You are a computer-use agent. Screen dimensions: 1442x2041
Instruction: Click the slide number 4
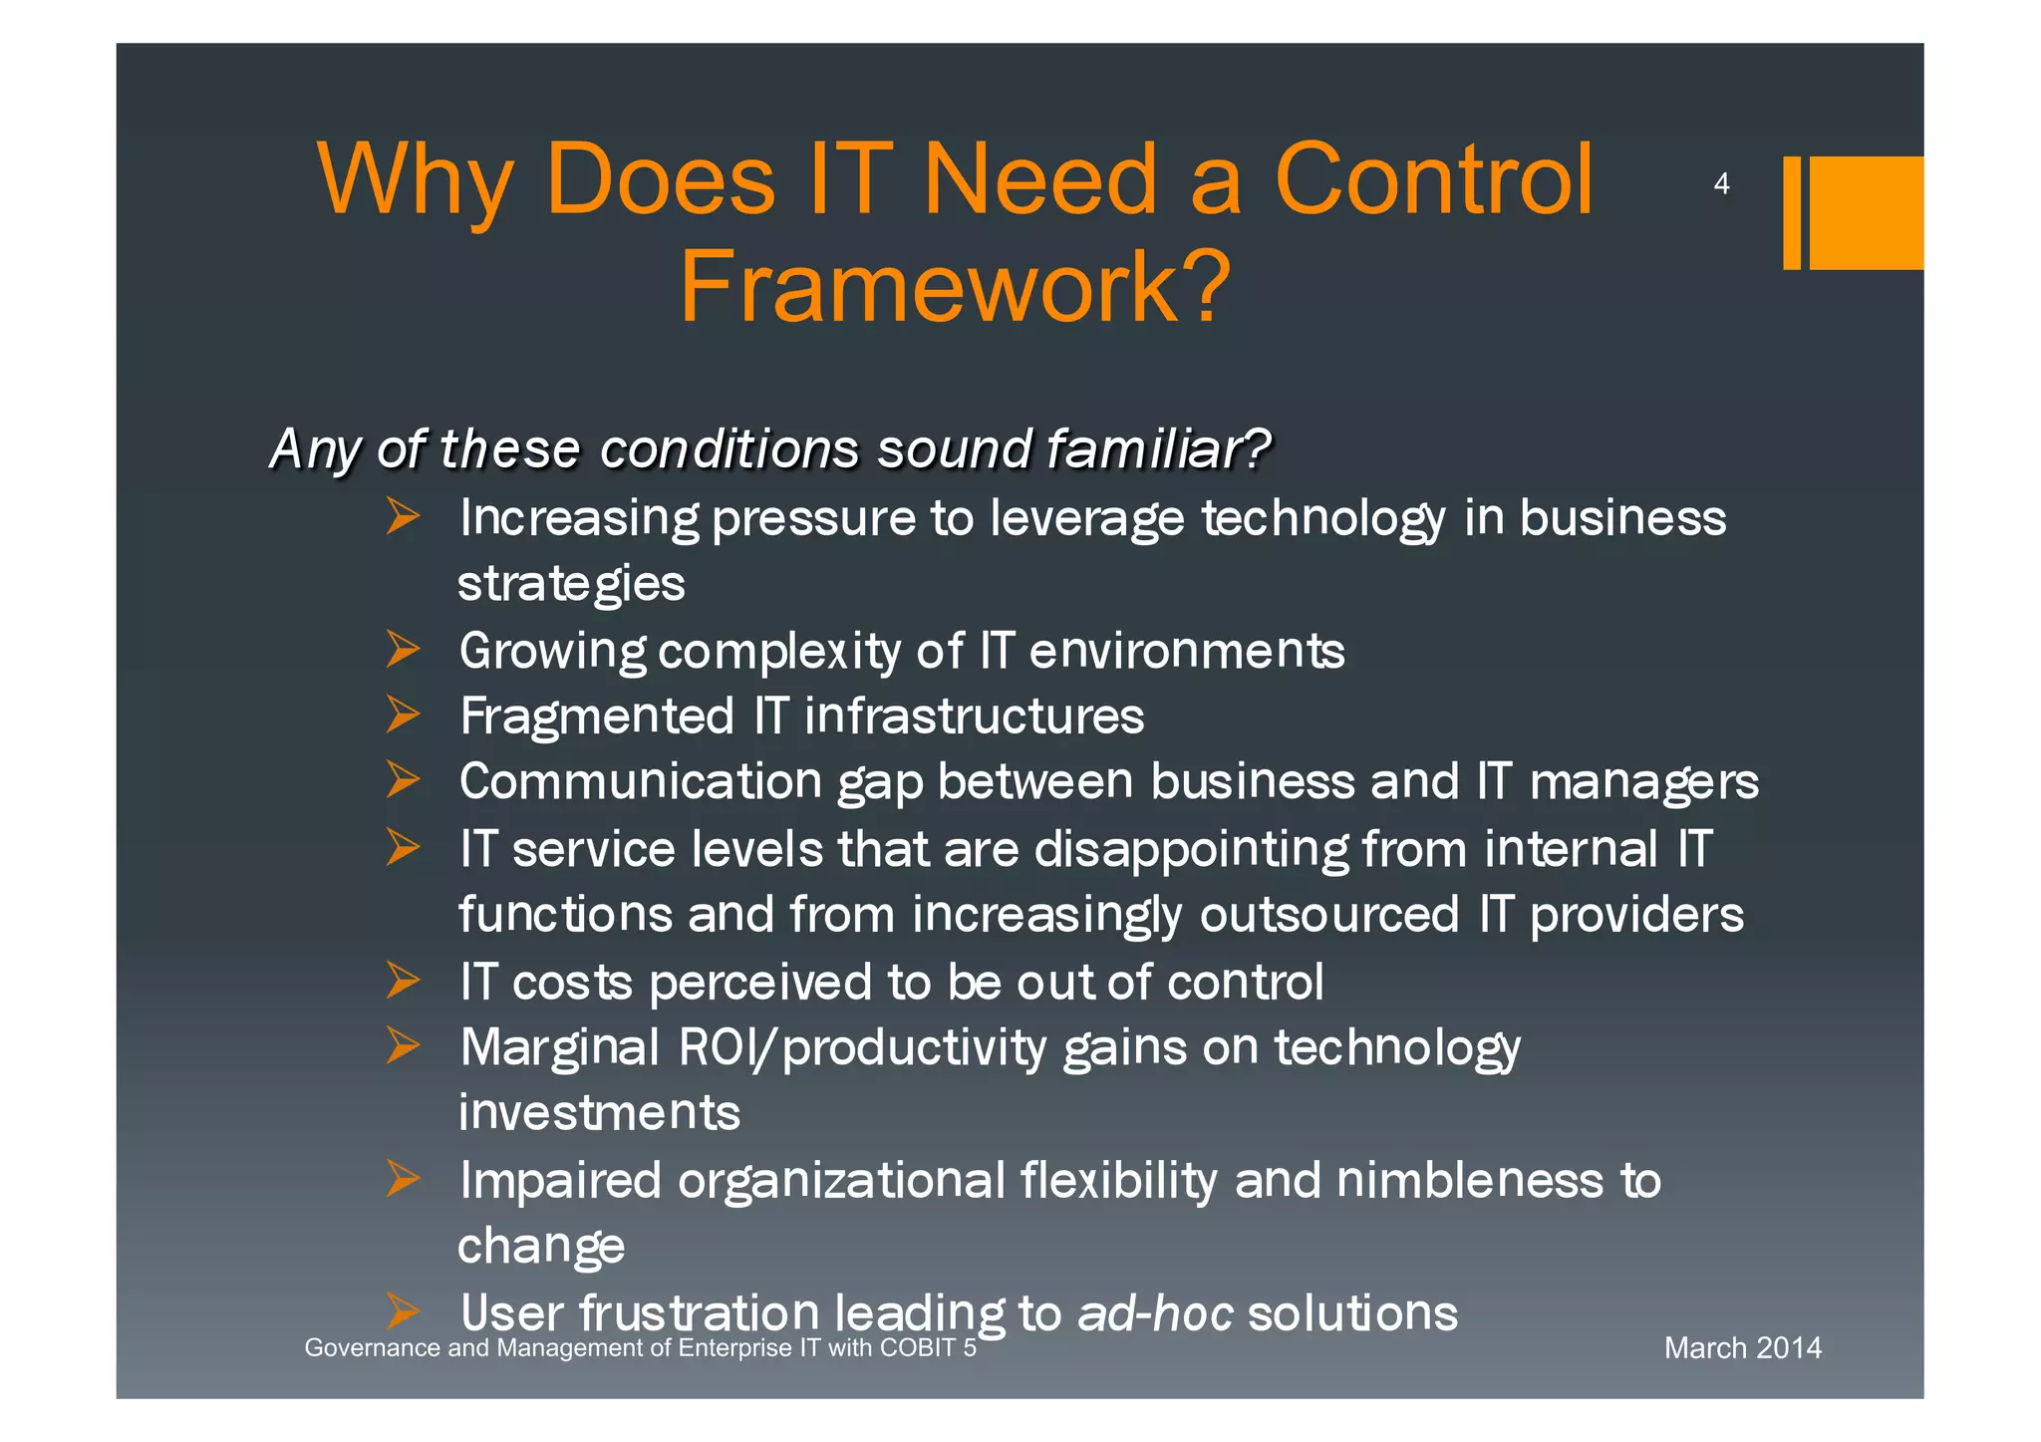click(1720, 184)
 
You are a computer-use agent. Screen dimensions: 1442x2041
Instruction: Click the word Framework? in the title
click(955, 287)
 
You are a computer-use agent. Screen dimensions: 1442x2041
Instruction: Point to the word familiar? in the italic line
click(1157, 448)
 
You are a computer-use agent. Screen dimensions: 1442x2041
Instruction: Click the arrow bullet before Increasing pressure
click(403, 516)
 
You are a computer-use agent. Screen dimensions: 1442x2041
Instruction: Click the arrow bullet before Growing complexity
click(403, 649)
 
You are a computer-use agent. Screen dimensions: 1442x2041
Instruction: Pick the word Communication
click(640, 782)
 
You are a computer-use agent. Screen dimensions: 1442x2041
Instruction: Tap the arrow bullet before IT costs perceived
click(403, 981)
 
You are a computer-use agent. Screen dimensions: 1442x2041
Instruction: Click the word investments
click(599, 1113)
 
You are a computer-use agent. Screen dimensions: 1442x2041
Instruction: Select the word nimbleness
click(1469, 1181)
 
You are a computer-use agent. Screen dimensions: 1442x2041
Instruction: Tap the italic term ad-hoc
click(1155, 1313)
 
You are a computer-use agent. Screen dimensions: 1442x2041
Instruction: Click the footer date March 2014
click(1742, 1348)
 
